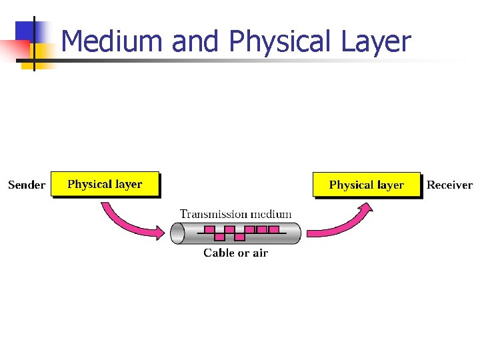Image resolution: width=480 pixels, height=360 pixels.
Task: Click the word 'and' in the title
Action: (194, 41)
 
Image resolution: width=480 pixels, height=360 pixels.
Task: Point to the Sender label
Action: (27, 185)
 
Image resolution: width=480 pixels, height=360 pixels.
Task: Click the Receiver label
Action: (449, 185)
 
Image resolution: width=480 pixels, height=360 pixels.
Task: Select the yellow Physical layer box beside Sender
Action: (105, 184)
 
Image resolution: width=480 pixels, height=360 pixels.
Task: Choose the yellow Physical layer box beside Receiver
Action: (367, 185)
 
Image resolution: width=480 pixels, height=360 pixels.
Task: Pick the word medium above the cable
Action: (269, 215)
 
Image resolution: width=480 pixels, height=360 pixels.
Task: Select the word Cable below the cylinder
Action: (219, 253)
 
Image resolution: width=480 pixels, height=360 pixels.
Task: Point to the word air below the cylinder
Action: (259, 253)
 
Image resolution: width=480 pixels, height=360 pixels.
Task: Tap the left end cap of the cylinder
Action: (177, 233)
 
